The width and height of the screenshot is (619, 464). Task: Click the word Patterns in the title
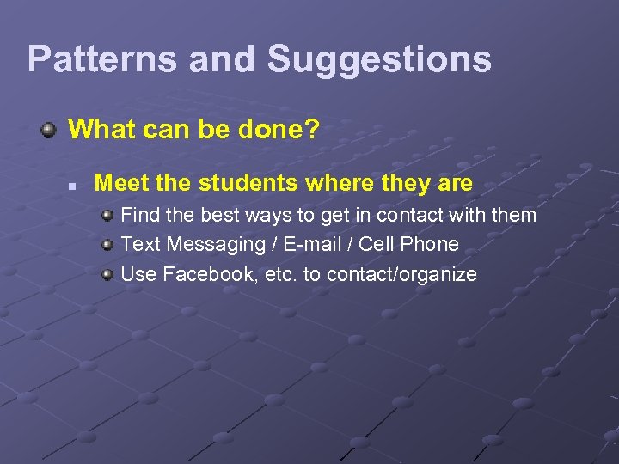102,60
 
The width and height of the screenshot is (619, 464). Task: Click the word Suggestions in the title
379,60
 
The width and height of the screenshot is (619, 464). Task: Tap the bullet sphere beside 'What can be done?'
50,131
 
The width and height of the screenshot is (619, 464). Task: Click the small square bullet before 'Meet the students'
74,185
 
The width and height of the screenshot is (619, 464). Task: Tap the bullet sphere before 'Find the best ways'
107,215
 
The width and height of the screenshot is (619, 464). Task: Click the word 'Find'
139,216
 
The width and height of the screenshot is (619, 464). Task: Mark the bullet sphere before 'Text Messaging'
107,245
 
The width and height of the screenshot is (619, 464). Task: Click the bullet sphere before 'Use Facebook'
107,275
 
